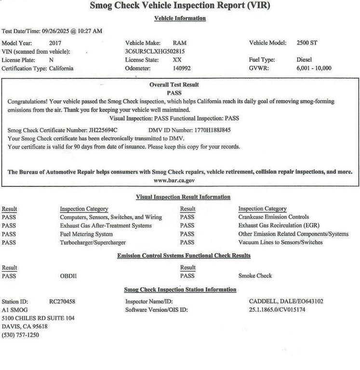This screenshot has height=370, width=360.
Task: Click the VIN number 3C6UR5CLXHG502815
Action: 155,51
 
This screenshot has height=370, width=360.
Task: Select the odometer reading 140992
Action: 182,68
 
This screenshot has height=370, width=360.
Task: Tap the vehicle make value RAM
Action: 179,43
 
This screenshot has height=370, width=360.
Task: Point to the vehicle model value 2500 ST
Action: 307,43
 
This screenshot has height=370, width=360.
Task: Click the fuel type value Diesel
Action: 304,60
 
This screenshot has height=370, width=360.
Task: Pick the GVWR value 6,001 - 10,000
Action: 314,68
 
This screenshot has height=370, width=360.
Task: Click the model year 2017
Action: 55,43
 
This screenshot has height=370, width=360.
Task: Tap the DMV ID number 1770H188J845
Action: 213,130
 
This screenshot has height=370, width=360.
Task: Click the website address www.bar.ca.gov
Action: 174,180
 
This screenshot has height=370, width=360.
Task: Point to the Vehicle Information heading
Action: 180,18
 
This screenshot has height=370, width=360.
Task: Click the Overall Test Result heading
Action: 174,85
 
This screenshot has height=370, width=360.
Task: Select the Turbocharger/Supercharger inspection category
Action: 93,242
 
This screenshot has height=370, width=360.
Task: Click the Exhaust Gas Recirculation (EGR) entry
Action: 279,225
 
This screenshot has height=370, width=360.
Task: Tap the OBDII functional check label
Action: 68,276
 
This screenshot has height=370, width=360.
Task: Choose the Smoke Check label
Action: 255,276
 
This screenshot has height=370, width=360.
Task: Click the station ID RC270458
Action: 62,302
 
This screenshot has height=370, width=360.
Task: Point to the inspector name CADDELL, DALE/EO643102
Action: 286,302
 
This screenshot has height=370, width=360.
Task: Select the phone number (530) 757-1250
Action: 21,335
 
